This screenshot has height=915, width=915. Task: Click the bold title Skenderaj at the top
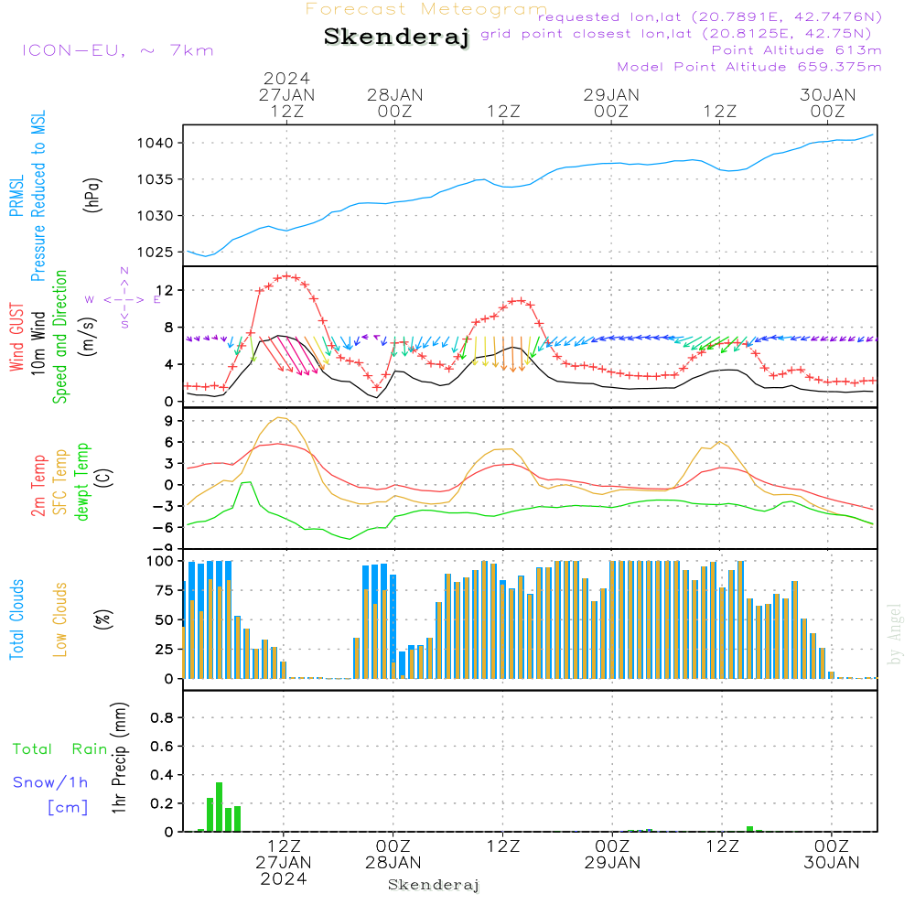point(396,38)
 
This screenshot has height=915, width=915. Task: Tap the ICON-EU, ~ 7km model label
point(118,50)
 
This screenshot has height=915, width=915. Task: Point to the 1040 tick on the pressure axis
point(156,143)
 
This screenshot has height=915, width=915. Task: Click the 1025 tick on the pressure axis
point(156,253)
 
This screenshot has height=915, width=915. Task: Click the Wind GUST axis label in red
point(16,338)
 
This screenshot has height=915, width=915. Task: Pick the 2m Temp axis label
point(38,486)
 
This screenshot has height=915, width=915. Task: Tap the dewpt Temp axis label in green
point(82,481)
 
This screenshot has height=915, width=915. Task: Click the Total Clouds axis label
point(16,619)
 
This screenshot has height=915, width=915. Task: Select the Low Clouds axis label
point(60,619)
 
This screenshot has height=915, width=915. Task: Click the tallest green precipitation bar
point(219,807)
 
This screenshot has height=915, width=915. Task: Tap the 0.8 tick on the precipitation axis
point(162,717)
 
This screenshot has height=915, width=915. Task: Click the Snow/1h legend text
point(50,782)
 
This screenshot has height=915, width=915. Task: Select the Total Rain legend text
point(60,749)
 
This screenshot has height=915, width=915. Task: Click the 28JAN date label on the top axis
point(395,95)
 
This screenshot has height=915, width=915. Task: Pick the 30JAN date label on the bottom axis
point(832,863)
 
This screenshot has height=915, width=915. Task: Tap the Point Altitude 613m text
point(797,50)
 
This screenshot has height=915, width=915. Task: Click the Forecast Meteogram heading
point(426,9)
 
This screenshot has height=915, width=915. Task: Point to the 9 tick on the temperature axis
point(169,421)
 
